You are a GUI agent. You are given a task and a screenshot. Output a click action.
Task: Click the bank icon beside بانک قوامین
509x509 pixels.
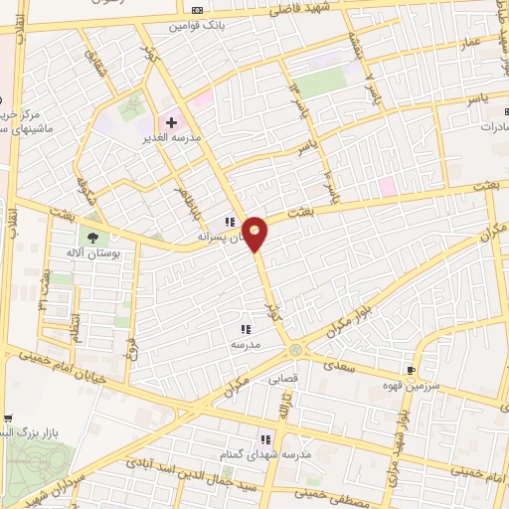(197, 11)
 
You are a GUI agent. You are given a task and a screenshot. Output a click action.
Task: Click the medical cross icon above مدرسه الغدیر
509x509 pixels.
(172, 123)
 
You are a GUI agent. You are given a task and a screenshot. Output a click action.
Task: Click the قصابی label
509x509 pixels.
(282, 378)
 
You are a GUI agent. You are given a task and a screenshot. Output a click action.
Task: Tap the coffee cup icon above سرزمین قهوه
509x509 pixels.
(411, 370)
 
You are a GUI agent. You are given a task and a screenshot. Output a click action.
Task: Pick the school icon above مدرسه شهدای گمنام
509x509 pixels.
(265, 438)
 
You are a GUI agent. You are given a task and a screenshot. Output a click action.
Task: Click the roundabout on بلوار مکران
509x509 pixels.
(295, 350)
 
